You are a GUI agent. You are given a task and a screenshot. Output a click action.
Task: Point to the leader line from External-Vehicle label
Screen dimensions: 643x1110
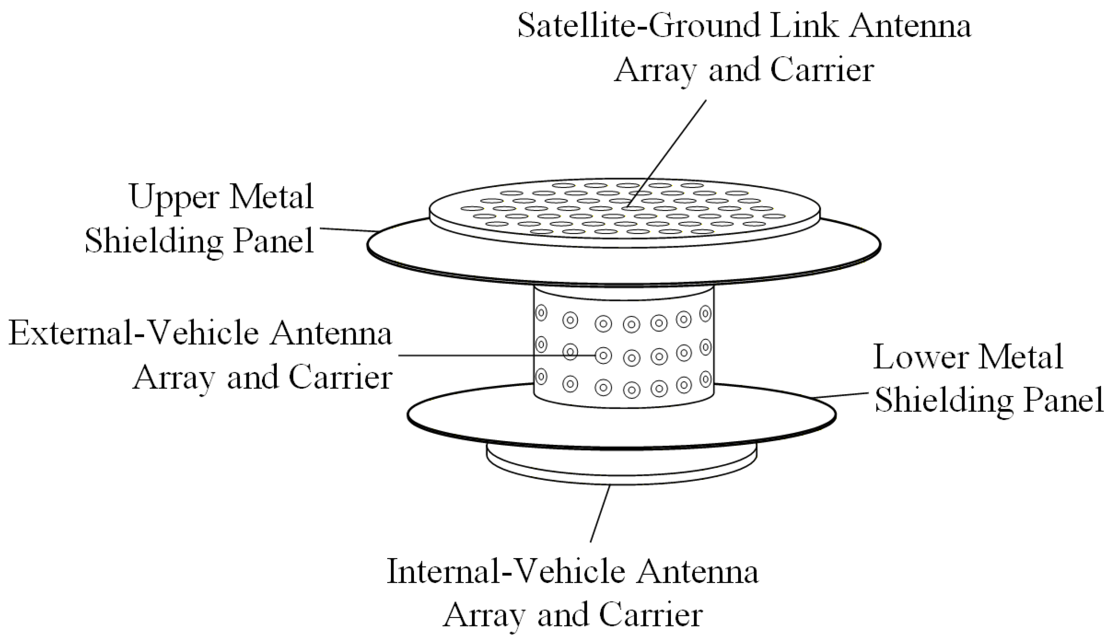click(x=493, y=355)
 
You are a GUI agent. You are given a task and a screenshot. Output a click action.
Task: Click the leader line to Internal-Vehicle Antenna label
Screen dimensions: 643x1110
click(x=600, y=513)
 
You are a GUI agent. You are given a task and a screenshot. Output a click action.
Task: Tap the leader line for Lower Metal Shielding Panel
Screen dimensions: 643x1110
click(x=841, y=395)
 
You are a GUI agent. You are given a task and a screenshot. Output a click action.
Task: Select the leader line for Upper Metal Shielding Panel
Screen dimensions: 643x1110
click(x=348, y=229)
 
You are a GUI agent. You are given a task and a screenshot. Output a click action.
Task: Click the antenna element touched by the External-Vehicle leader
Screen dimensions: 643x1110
click(x=603, y=355)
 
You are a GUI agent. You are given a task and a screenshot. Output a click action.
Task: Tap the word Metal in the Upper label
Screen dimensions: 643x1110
click(x=271, y=197)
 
